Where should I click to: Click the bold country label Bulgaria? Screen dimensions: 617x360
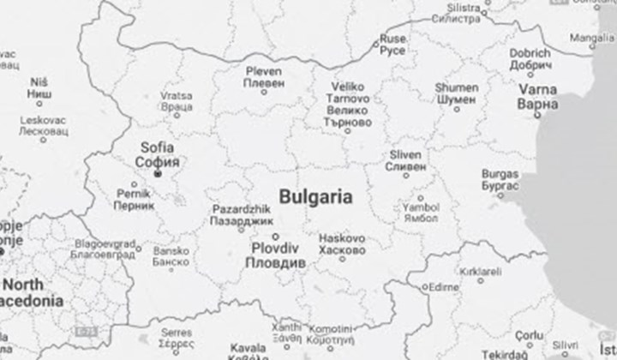(315, 197)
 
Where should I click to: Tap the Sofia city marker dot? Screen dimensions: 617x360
(158, 174)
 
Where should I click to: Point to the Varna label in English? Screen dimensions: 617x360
(537, 90)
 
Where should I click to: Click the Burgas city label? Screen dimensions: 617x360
(500, 173)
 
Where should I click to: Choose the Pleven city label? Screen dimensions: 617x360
(263, 71)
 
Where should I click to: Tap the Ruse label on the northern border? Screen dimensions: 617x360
(393, 39)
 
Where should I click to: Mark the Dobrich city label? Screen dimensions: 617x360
(530, 53)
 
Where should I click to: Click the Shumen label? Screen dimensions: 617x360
(456, 87)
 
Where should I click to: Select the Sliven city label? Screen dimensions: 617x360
(404, 154)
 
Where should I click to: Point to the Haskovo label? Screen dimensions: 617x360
(341, 238)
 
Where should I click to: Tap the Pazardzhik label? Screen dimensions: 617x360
(240, 209)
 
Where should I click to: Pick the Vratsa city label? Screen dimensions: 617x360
(177, 96)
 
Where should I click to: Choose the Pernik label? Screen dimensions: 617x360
(134, 195)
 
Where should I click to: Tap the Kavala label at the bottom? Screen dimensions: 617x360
(248, 347)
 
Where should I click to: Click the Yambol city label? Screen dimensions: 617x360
(422, 207)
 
